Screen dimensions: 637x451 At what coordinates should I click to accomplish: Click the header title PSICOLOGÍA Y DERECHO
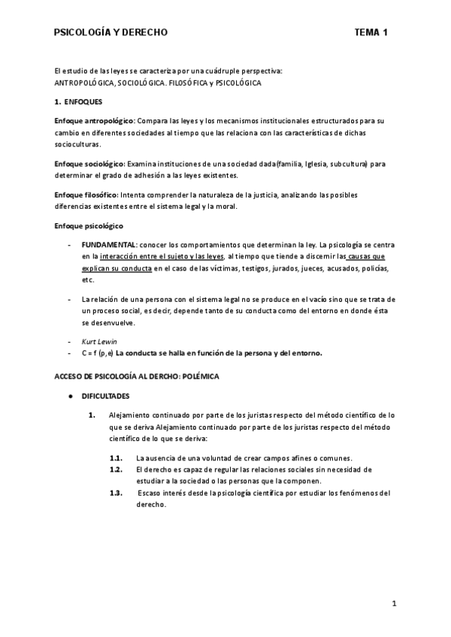[110, 32]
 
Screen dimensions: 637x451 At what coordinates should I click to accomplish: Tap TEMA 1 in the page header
[371, 32]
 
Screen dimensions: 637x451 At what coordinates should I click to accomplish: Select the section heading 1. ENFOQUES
[83, 101]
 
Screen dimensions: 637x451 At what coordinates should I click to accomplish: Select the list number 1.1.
[116, 458]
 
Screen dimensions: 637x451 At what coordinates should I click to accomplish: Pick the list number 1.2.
[116, 469]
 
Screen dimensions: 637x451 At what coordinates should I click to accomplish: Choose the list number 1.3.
[116, 493]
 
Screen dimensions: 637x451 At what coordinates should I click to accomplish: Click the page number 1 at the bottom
[394, 603]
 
